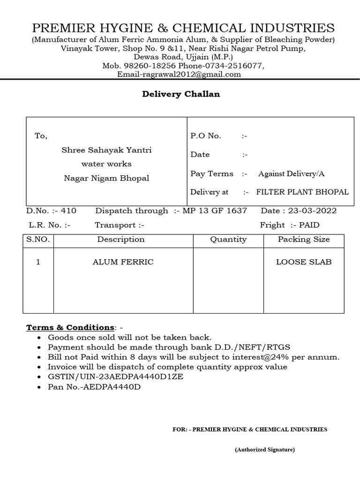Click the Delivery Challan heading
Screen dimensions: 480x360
click(181, 94)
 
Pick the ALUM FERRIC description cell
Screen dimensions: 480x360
click(123, 262)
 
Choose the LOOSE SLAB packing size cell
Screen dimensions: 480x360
click(304, 262)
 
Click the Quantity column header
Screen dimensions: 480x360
click(228, 240)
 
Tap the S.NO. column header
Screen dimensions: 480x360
click(38, 240)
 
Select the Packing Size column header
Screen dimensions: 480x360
click(304, 240)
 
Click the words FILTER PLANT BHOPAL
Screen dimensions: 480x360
click(302, 192)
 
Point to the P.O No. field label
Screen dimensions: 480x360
click(205, 136)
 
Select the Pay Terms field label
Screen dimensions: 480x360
click(211, 173)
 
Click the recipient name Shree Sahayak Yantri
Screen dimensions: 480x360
click(107, 150)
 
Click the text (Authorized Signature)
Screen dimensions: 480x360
click(265, 450)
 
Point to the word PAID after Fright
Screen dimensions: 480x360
click(309, 225)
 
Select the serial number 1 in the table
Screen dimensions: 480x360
click(38, 262)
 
